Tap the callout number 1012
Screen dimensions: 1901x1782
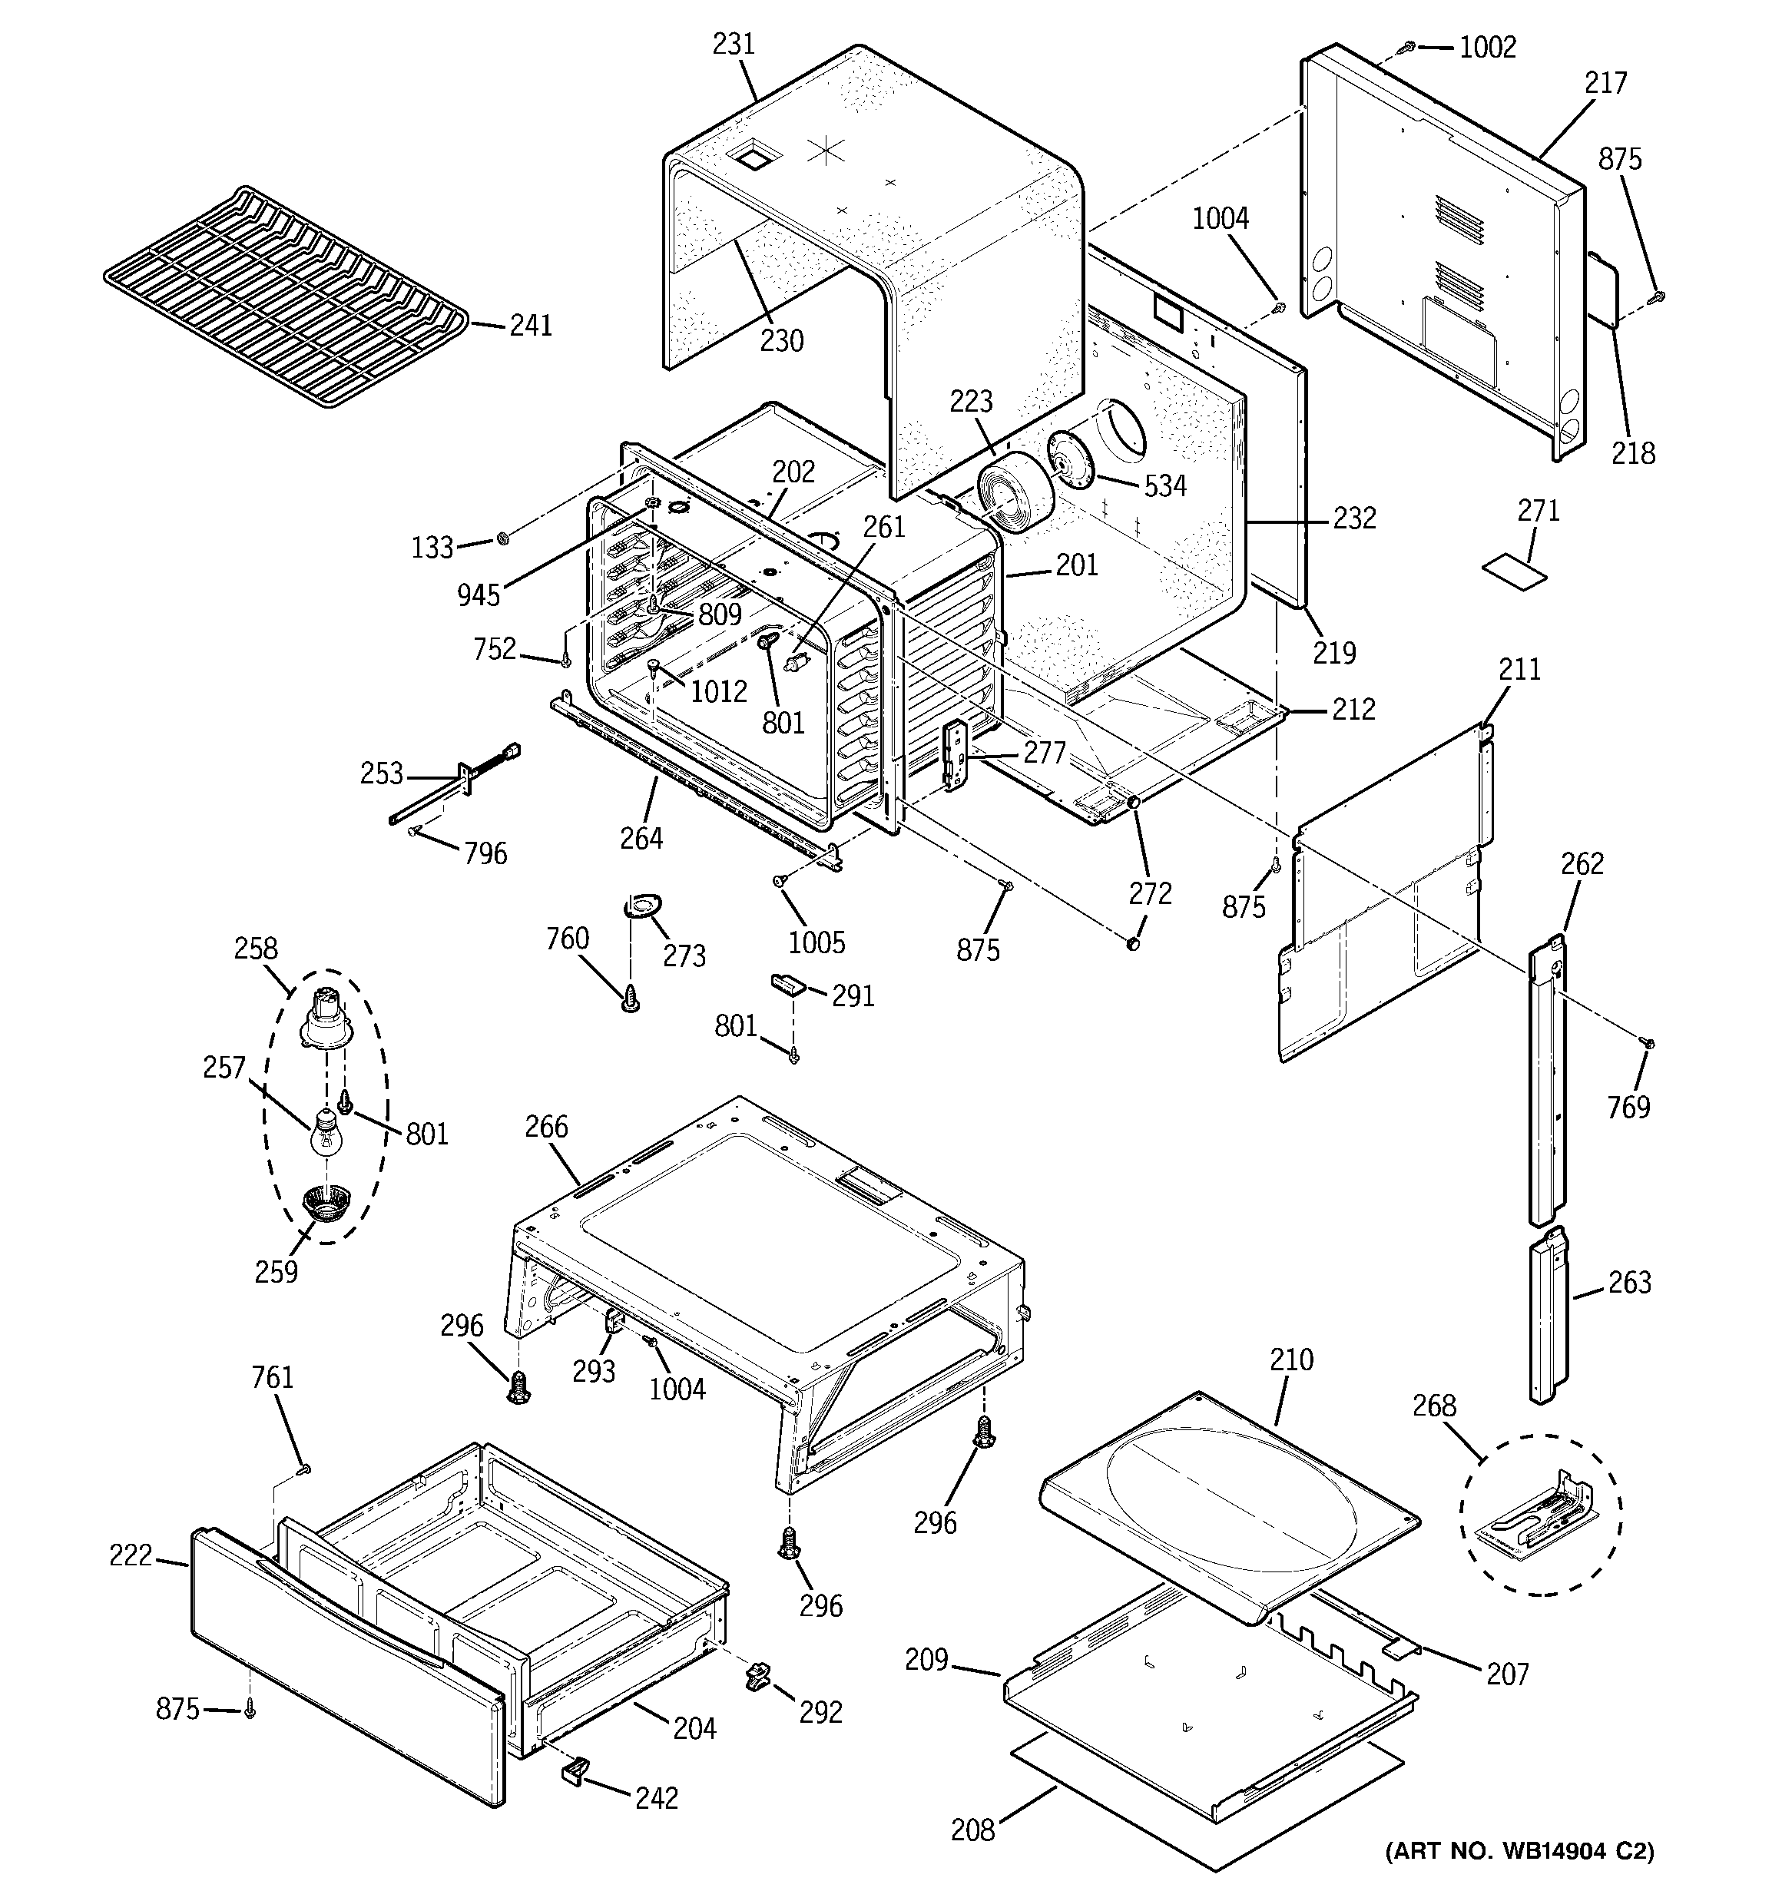coord(718,691)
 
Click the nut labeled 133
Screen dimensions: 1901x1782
coord(504,540)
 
